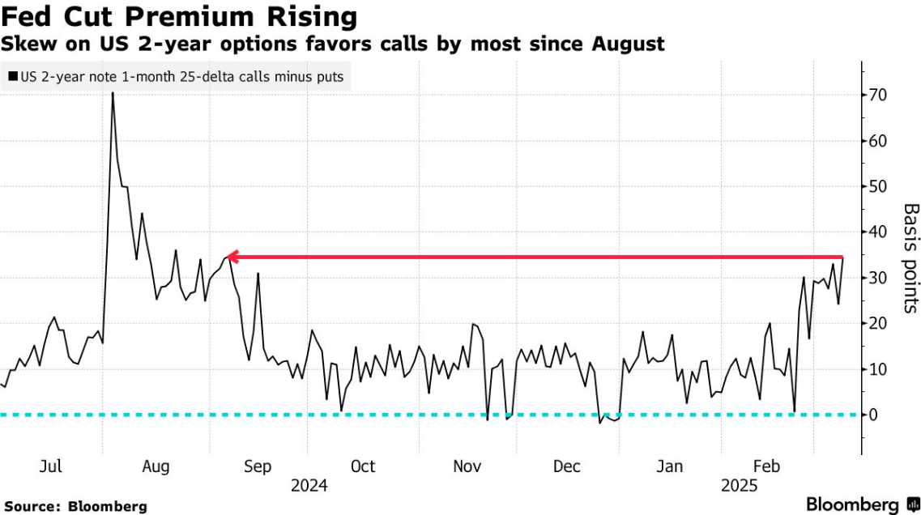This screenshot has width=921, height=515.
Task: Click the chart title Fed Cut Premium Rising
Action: tap(179, 16)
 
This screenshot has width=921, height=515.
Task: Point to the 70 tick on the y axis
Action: tap(877, 96)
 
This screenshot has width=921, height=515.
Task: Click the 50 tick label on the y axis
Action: tap(877, 187)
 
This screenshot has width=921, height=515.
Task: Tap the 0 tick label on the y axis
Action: tap(873, 415)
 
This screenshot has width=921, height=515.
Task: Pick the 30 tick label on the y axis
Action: tap(877, 279)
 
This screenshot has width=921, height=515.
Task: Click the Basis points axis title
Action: tap(911, 257)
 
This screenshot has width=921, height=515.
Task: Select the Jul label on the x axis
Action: tap(51, 467)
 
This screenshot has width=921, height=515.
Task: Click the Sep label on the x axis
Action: tap(258, 467)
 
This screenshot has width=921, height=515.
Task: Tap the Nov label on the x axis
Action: tap(467, 467)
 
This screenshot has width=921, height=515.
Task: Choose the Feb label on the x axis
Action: tap(766, 467)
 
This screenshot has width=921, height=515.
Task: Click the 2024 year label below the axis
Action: tap(309, 486)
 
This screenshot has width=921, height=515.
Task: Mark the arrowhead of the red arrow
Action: tap(229, 257)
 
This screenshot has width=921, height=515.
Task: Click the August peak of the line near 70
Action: tap(113, 93)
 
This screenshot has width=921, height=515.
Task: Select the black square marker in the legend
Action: tap(12, 78)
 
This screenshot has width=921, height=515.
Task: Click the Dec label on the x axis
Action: tap(567, 467)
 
